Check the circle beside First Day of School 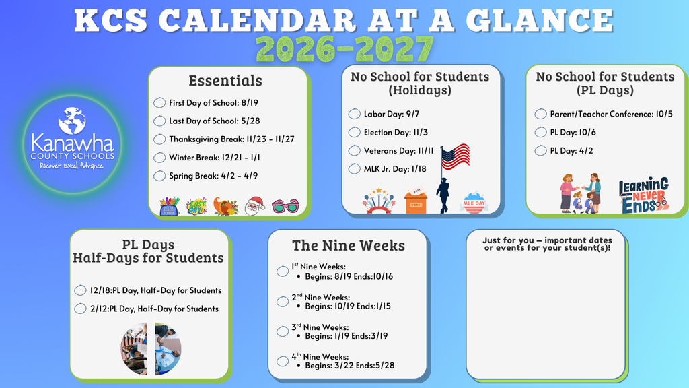(x=159, y=103)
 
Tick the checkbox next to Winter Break (x=159, y=158)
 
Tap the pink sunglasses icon (x=285, y=206)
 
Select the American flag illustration (x=456, y=156)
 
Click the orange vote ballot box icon (x=415, y=201)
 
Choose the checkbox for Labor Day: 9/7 (x=355, y=114)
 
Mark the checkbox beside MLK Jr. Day (x=355, y=168)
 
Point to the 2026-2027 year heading (x=344, y=49)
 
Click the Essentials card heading (x=225, y=81)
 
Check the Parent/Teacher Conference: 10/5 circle (x=540, y=114)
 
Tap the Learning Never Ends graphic (x=643, y=195)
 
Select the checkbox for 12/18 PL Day (x=80, y=290)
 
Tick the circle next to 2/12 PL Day (x=80, y=309)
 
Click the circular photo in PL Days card (x=151, y=348)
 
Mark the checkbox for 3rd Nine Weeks (x=283, y=331)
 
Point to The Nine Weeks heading (x=349, y=246)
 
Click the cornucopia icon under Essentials (x=225, y=206)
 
